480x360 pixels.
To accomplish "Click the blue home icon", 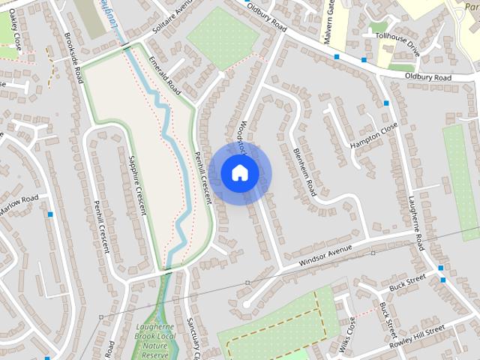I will pos(239,173).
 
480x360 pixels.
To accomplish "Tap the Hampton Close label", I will pos(373,133).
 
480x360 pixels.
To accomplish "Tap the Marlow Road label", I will pos(18,204).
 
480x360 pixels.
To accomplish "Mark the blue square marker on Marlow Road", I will pos(50,214).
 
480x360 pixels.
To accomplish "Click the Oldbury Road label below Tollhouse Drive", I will pos(428,77).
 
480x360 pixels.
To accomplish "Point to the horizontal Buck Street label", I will pos(407,282).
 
